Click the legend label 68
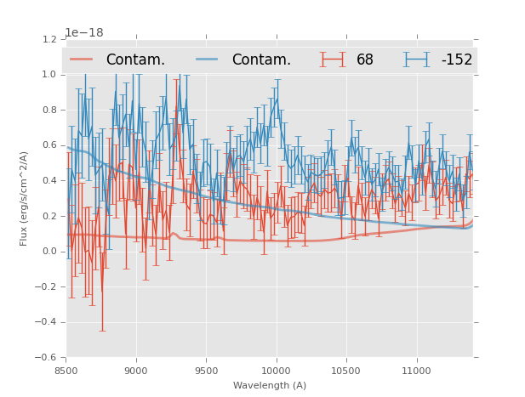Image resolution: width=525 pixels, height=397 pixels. coord(365,60)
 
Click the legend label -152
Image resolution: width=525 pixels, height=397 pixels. coord(457,60)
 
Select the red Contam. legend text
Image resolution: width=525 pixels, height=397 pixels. coord(135,60)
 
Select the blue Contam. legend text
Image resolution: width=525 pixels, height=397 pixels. coord(261,60)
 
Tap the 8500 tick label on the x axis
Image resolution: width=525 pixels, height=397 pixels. coord(66,371)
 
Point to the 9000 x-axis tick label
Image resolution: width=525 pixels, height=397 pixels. coord(136,371)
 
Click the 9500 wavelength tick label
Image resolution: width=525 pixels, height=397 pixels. coord(206,371)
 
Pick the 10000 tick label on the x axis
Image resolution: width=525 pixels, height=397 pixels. coord(276,371)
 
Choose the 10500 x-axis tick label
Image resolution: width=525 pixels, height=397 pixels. coord(345,371)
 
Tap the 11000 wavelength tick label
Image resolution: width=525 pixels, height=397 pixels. coord(416,371)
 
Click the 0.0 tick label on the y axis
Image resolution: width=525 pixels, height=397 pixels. coord(50,252)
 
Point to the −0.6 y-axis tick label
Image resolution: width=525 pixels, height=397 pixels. coord(48,358)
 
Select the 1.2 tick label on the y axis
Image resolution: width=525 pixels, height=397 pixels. coord(50,39)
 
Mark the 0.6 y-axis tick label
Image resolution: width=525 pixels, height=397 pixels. coord(50,145)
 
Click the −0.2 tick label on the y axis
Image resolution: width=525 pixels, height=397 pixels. coord(48,287)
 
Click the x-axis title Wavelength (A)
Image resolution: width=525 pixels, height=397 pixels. coord(270,386)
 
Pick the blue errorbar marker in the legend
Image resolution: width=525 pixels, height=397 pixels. coord(417,60)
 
